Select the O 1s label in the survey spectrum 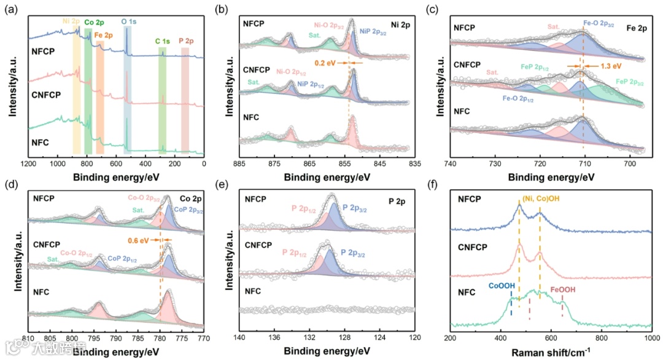(x=130, y=21)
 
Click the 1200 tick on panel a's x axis (x=28, y=165)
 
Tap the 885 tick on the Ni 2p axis (x=240, y=165)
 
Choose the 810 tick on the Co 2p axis (x=28, y=338)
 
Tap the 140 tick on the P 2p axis (x=240, y=338)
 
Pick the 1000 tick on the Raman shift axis (x=652, y=338)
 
